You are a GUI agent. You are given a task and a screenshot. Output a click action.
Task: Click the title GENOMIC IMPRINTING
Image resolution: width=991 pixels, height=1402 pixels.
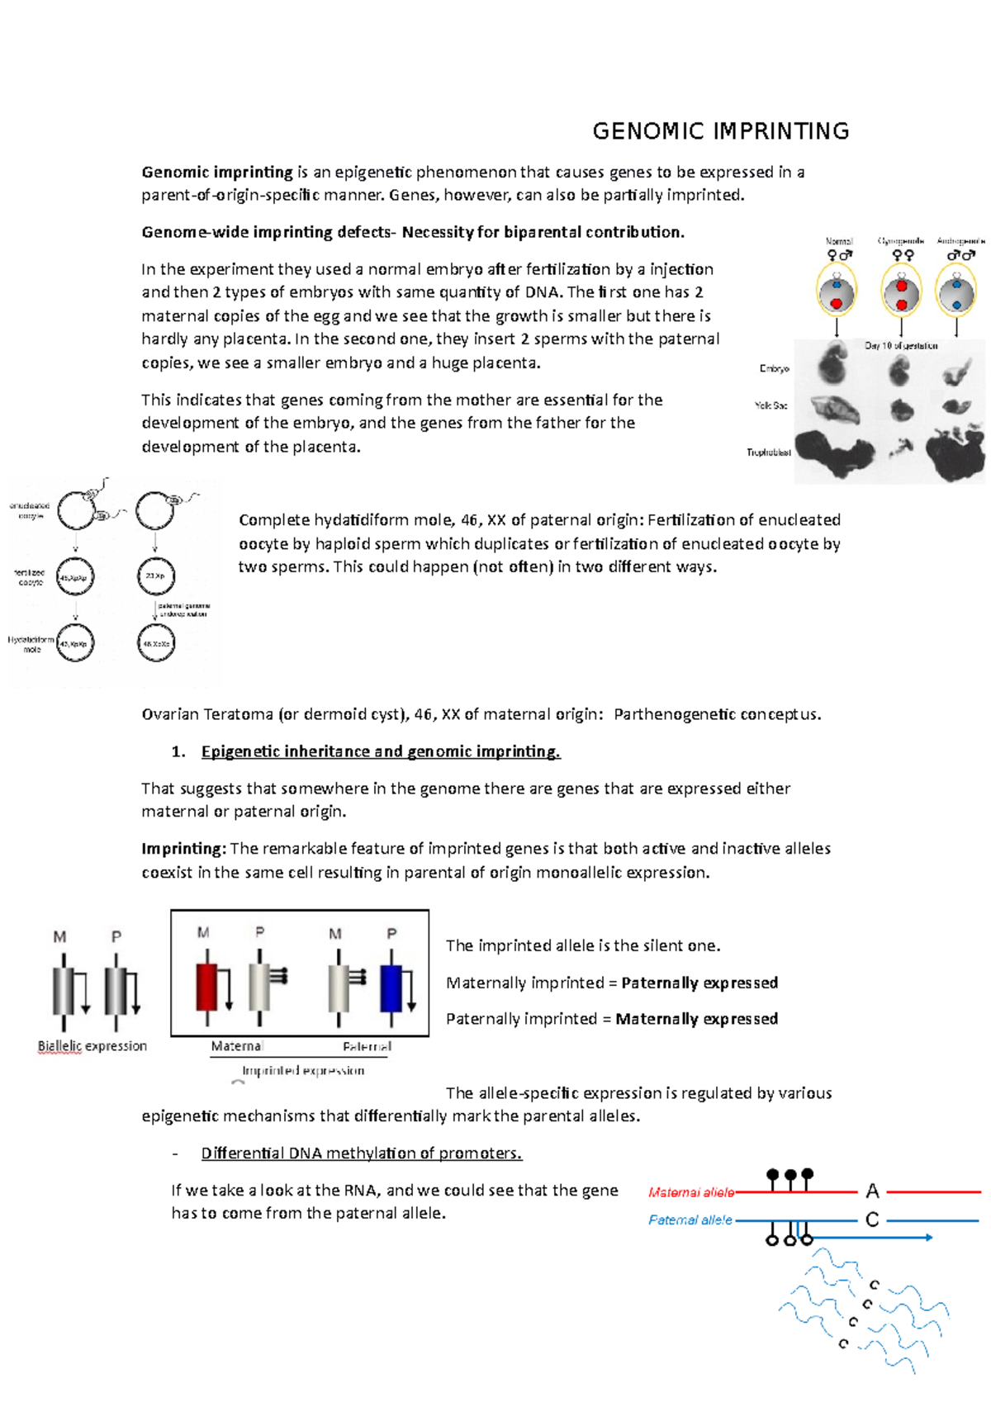(721, 131)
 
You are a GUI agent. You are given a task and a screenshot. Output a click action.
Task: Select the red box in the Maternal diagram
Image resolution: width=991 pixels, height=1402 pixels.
(206, 987)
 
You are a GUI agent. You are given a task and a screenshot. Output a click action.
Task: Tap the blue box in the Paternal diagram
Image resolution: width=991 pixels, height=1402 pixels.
(391, 988)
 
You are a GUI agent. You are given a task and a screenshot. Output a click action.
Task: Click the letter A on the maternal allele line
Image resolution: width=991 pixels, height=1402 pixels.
(872, 1191)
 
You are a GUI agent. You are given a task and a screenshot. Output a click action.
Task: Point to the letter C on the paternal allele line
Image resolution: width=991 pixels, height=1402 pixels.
(872, 1220)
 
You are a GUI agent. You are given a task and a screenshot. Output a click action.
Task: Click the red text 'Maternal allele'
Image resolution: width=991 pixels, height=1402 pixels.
(691, 1192)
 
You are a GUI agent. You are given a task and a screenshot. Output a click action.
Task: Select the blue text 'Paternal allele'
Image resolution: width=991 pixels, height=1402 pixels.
(690, 1220)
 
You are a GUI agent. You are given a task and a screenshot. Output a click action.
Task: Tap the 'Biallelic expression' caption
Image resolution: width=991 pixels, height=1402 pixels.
(92, 1046)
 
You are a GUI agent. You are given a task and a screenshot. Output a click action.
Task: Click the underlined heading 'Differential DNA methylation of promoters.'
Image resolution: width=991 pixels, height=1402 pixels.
(362, 1153)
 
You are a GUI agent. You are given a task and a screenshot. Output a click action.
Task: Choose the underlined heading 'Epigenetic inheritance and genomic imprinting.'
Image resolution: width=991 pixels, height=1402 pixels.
(381, 751)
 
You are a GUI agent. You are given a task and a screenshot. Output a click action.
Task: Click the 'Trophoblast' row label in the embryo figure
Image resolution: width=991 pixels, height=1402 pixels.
(769, 452)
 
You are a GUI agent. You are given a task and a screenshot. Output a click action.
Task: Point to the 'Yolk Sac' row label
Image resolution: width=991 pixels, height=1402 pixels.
(771, 405)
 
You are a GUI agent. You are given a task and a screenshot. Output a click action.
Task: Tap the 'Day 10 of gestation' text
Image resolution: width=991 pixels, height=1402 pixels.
(901, 346)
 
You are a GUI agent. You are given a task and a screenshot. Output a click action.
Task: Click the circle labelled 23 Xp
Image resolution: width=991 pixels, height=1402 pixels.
(156, 576)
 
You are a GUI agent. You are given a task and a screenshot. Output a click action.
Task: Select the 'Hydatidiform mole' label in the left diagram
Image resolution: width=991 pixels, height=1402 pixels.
(31, 644)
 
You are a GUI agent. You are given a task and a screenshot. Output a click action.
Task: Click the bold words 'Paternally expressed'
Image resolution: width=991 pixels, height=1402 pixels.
(699, 983)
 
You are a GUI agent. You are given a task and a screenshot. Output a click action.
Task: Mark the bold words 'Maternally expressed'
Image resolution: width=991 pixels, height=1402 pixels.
(697, 1019)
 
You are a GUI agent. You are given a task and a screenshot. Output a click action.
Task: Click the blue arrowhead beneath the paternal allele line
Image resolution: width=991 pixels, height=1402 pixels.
(928, 1237)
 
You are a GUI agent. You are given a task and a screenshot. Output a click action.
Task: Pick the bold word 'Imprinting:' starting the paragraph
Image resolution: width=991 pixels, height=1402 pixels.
(183, 849)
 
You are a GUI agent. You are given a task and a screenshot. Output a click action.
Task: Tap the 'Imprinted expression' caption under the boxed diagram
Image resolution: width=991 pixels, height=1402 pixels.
(303, 1071)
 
